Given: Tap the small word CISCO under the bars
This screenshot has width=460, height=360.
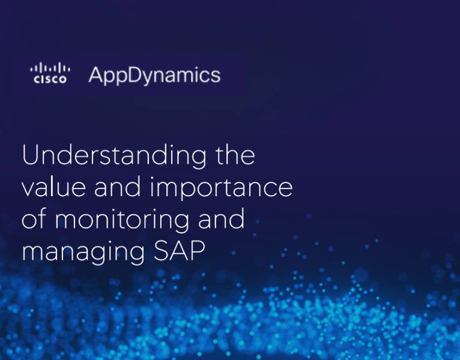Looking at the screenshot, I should pos(50,79).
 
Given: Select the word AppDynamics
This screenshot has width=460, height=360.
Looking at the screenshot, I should pos(154,76).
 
